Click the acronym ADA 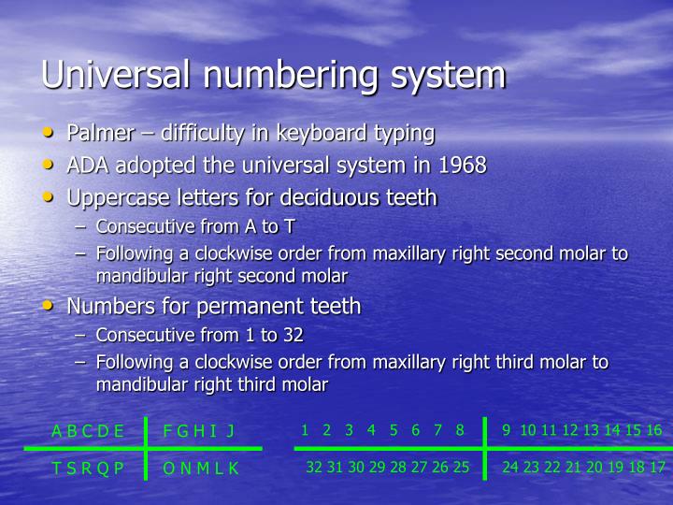[87, 166]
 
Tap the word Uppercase [117, 198]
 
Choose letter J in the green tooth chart [230, 431]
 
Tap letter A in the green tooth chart [57, 431]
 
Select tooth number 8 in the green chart [460, 430]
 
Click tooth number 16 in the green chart [654, 430]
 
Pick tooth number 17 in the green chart [657, 468]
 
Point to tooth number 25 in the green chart [461, 468]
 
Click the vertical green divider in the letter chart [147, 448]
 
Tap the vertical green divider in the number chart [485, 448]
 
